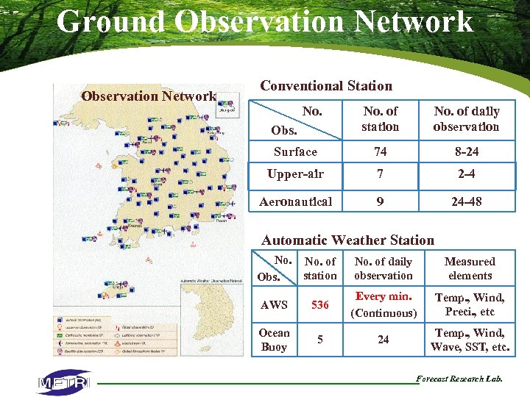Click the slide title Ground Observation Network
[x=265, y=21]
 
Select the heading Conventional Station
[x=326, y=86]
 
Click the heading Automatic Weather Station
[x=347, y=240]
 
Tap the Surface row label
[x=295, y=152]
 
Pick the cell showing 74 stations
[x=380, y=152]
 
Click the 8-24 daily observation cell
[x=466, y=152]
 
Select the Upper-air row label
[x=295, y=175]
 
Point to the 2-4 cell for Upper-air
[x=466, y=175]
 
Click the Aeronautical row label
[x=295, y=201]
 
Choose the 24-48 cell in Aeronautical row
[x=466, y=201]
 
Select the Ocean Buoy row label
[x=274, y=340]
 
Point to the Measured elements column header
[x=470, y=268]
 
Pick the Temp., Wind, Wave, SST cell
[x=470, y=340]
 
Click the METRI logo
[x=64, y=382]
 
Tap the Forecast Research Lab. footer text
[x=459, y=379]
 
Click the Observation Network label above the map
[x=148, y=96]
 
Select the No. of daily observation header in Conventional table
[x=466, y=119]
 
